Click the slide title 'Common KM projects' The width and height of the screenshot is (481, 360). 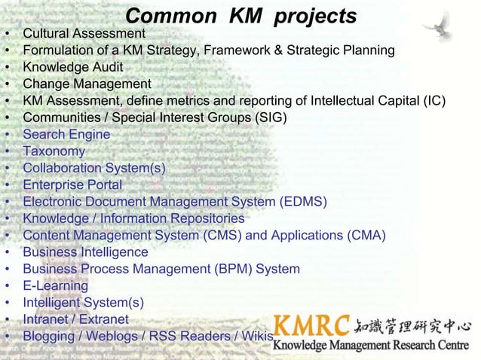pos(240,16)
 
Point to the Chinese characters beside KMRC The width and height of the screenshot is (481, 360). pos(412,326)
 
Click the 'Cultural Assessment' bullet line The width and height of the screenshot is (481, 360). pos(84,34)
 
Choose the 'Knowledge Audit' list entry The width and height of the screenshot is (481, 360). pos(72,67)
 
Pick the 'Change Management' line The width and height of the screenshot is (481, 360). pos(87,84)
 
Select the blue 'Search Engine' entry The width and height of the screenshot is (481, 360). pos(66,135)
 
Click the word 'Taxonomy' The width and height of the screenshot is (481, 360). pos(54,151)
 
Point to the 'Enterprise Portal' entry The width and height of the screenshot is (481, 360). pos(72,185)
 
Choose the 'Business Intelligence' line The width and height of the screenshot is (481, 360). pos(85,252)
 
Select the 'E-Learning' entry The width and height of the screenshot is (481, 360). pos(55,285)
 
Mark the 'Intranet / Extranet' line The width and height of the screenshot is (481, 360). pos(75,319)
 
